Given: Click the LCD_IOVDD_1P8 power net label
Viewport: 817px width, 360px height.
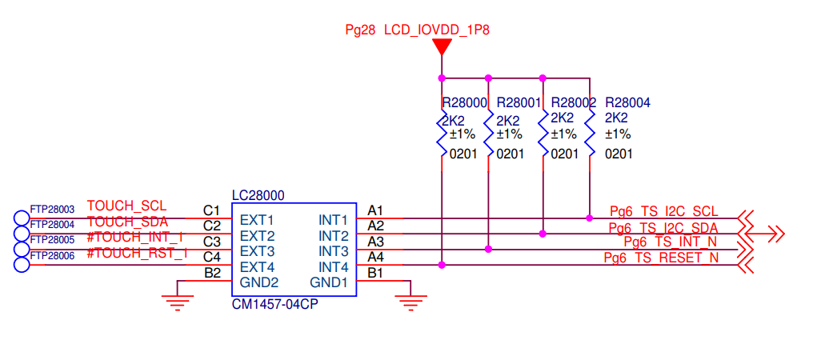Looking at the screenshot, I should pos(436,30).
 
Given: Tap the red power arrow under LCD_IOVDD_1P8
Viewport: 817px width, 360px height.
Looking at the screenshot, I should pos(441,47).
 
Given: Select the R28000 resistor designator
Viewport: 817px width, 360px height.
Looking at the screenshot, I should pos(464,103).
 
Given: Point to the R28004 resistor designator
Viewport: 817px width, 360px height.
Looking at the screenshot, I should pos(627,103).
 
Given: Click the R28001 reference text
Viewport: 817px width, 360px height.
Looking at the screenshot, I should pos(519,103).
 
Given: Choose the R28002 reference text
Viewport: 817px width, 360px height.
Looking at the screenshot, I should pos(573,103).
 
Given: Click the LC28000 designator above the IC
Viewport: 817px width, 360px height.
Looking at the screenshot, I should pos(258,195).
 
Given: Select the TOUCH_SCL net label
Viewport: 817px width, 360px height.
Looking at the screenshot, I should pos(126,206).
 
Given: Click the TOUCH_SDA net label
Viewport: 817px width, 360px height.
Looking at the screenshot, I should pos(127,222).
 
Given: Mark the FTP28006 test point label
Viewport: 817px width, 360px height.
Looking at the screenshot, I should pos(52,255).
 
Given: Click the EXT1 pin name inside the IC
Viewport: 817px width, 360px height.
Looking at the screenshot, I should pos(257,219).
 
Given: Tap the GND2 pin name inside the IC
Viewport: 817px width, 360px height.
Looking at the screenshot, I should pos(259,282).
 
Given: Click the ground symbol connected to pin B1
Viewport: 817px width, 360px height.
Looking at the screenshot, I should pos(410,302).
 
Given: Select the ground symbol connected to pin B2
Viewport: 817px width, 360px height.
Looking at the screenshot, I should pos(178,302).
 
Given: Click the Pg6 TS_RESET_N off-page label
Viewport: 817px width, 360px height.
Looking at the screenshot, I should pos(660,258).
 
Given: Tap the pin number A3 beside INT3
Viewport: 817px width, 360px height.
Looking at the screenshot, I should pos(375,242).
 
